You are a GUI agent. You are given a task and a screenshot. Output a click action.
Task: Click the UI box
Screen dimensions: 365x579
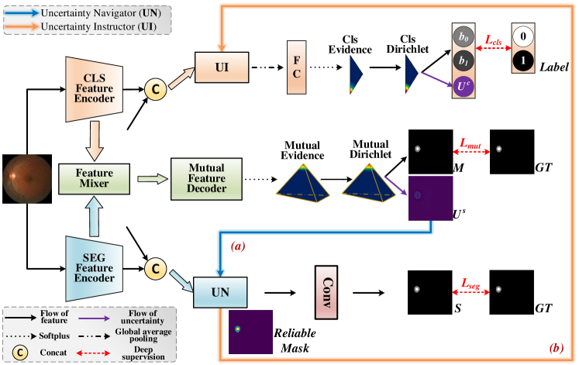221,68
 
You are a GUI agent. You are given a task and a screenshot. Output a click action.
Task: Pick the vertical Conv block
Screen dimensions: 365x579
326,293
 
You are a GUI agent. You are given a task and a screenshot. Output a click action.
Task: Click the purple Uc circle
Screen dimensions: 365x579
463,84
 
